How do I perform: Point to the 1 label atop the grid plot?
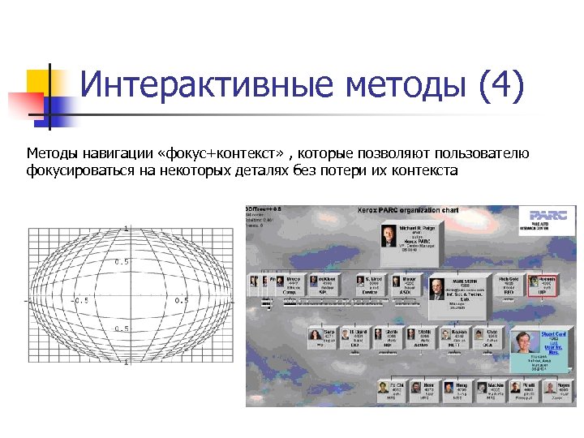(127, 229)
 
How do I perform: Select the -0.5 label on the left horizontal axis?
(80, 301)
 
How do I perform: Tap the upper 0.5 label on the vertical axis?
(122, 262)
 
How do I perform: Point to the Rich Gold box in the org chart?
(509, 284)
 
